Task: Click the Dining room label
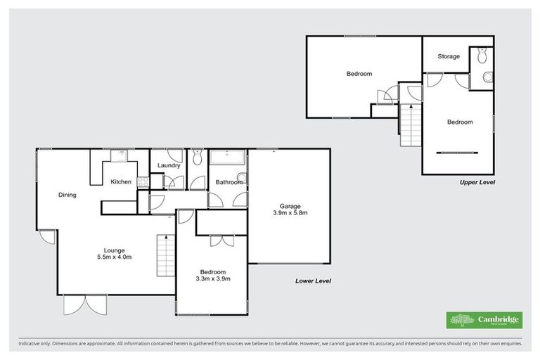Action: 67,195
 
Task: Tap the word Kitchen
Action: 121,182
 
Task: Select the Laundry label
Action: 169,166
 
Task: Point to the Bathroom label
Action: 229,182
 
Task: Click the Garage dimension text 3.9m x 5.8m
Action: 290,212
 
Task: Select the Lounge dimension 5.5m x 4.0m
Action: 114,257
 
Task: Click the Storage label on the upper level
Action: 449,56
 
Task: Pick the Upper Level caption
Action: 477,182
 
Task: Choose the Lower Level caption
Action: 313,281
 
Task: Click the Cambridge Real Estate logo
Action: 484,320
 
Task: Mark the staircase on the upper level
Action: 410,124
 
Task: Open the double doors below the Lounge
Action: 86,304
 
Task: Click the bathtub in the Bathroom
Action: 227,158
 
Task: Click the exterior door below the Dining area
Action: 46,237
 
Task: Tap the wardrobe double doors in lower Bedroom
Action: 221,240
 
